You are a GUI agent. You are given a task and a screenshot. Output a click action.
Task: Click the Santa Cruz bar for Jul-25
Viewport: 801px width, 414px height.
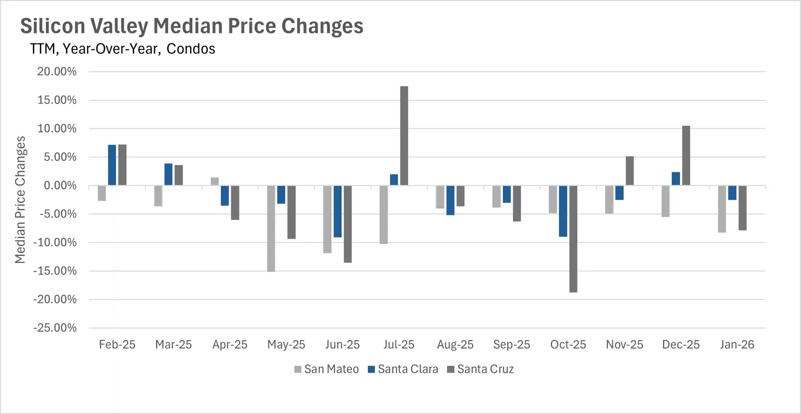tap(404, 136)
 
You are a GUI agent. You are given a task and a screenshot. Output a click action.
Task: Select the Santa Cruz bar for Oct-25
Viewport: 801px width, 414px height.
tap(573, 239)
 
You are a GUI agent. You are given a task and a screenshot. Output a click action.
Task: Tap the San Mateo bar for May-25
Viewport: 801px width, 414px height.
tap(271, 229)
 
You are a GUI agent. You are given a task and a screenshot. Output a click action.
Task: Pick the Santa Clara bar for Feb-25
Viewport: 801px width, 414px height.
tap(112, 165)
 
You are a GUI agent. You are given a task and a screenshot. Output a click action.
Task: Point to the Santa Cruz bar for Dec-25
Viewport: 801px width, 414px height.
tap(686, 156)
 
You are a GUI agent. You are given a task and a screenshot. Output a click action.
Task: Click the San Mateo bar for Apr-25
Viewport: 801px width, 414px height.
tap(214, 182)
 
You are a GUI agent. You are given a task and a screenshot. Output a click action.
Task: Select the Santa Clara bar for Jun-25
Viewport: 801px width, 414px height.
tap(338, 212)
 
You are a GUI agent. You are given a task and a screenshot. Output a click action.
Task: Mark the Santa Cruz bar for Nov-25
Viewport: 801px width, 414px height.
tap(630, 171)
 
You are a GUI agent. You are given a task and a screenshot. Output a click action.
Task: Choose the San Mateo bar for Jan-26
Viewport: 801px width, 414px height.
tap(722, 209)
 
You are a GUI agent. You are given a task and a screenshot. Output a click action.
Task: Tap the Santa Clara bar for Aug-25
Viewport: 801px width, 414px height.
tap(450, 200)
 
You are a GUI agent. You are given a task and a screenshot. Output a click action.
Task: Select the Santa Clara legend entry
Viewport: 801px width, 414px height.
tap(403, 369)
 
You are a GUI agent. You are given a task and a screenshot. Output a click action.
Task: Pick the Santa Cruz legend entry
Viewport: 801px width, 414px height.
tap(480, 369)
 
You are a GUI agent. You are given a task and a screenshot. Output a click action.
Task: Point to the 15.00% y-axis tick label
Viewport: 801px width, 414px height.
tap(57, 100)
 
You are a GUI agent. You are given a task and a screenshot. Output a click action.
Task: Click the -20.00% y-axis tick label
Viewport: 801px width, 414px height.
tap(55, 300)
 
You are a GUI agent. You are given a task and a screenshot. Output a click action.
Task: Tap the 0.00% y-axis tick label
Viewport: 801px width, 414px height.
tap(60, 186)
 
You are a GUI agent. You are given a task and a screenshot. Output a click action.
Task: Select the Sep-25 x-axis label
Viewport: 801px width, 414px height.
tap(511, 345)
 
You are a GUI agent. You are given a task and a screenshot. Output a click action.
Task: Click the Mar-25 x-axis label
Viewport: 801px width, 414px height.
tap(173, 345)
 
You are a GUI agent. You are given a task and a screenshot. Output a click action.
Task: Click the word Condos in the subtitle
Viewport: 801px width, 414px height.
tap(191, 49)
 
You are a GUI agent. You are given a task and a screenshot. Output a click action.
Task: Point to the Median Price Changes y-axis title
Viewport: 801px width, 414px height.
tap(20, 199)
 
